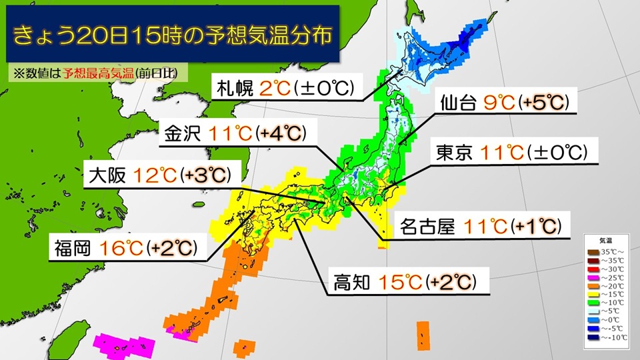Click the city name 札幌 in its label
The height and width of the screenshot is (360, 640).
coord(232,87)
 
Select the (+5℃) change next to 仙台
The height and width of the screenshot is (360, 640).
coord(542,103)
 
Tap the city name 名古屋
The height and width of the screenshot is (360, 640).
coord(427,227)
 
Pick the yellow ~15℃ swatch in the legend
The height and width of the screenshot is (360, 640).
coord(592,293)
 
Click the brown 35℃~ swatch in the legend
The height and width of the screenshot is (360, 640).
coord(592,252)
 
